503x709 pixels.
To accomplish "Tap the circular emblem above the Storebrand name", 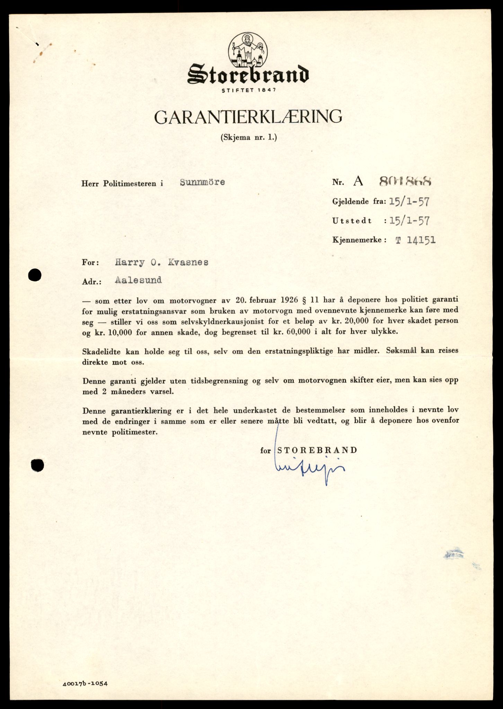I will pyautogui.click(x=248, y=50).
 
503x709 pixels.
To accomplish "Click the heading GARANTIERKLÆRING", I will pyautogui.click(x=248, y=117).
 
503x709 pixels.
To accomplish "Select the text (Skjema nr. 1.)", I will pyautogui.click(x=249, y=137).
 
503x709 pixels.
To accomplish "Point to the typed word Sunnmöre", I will pyautogui.click(x=202, y=182).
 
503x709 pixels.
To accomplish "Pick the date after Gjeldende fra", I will pyautogui.click(x=409, y=202).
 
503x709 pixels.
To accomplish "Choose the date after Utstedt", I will pyautogui.click(x=409, y=221).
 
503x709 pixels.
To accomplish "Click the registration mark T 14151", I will pyautogui.click(x=415, y=240).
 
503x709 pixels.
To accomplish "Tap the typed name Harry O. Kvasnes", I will pyautogui.click(x=161, y=262).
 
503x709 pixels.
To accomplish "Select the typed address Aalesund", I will pyautogui.click(x=138, y=280).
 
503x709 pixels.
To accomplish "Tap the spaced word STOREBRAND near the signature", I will pyautogui.click(x=317, y=450).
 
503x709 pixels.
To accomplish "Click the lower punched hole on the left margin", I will pyautogui.click(x=37, y=466).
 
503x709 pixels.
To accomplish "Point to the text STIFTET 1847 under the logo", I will pyautogui.click(x=248, y=90).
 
